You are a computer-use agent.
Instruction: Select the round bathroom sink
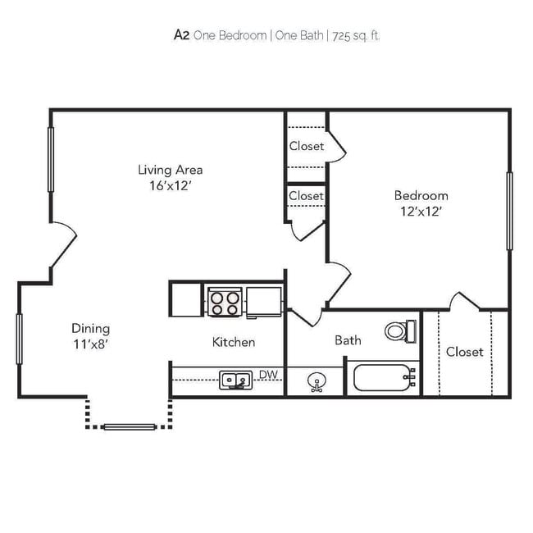tap(316, 380)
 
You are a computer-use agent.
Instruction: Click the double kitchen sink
tap(235, 379)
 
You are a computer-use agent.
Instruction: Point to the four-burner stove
tap(224, 301)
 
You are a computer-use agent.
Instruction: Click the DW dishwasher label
tap(268, 375)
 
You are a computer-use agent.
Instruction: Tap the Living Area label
tap(170, 170)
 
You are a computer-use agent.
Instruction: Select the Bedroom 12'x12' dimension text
tap(421, 211)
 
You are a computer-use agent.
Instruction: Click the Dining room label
tap(90, 329)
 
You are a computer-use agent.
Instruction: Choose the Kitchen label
tap(234, 342)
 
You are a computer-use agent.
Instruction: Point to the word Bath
tap(348, 339)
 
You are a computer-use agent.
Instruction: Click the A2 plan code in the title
tap(181, 34)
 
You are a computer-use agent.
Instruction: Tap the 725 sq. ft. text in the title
tap(357, 35)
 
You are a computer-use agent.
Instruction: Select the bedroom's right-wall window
tap(509, 211)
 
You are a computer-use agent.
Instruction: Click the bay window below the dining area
tap(130, 426)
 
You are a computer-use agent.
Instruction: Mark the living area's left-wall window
tap(51, 160)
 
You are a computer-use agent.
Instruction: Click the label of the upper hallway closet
tap(306, 146)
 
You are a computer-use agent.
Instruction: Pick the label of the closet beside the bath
tap(465, 352)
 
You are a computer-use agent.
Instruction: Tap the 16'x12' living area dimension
tap(170, 185)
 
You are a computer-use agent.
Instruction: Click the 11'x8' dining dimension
tap(90, 344)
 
